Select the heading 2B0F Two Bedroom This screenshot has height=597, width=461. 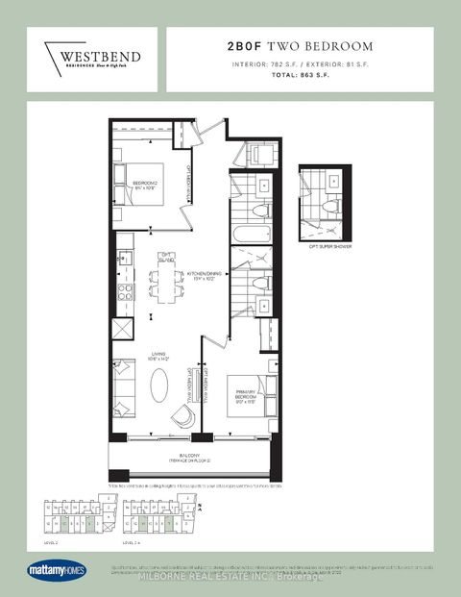pos(299,46)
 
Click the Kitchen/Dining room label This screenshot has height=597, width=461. pos(191,276)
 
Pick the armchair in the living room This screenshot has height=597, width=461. pos(183,415)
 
